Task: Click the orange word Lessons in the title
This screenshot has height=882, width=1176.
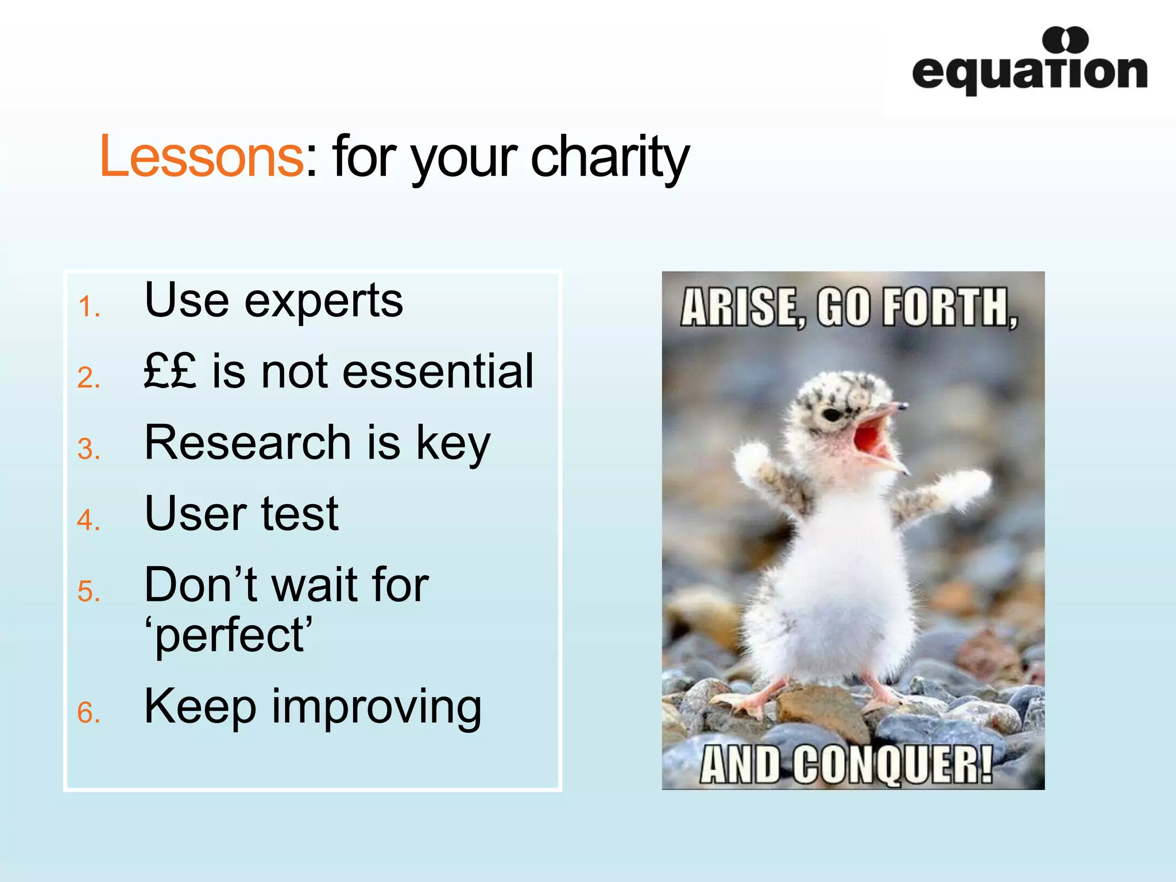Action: pos(201,156)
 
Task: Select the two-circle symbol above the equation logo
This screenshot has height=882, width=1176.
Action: pos(1065,40)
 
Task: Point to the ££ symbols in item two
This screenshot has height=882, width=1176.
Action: pos(170,371)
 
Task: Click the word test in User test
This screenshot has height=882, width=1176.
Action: pos(299,513)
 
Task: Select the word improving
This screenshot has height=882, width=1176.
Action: pos(376,707)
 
